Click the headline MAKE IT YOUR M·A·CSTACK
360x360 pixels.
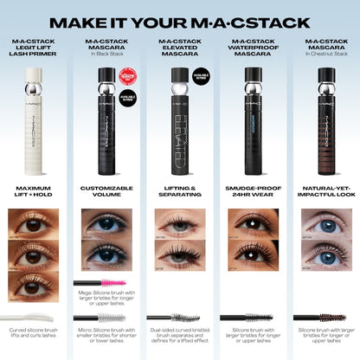pyautogui.click(x=180, y=21)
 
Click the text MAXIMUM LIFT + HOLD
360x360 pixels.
pyautogui.click(x=35, y=192)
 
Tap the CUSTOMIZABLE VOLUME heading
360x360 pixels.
pyautogui.click(x=107, y=192)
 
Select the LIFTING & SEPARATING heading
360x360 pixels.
pyautogui.click(x=180, y=192)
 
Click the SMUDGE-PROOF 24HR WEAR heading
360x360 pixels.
pyautogui.click(x=252, y=192)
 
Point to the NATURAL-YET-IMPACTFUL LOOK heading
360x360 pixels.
pyautogui.click(x=324, y=192)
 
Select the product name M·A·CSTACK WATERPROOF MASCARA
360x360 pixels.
pyautogui.click(x=252, y=49)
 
